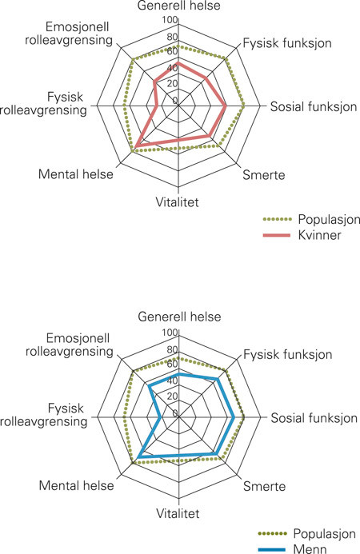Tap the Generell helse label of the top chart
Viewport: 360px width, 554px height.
coord(178,8)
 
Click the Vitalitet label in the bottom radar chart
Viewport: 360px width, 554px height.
coord(178,513)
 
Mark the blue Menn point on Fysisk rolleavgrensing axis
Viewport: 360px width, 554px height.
coord(162,417)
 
